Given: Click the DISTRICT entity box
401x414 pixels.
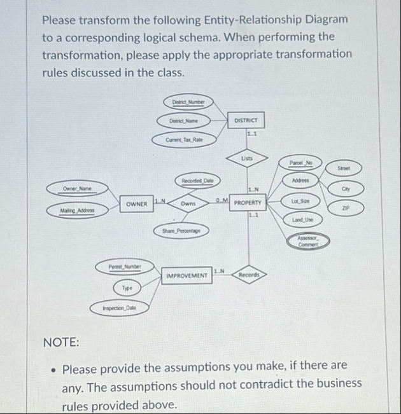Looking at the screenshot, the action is click(x=245, y=120).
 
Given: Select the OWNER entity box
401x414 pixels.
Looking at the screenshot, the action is click(x=136, y=204).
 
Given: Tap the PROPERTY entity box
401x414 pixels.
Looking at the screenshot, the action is click(x=248, y=204).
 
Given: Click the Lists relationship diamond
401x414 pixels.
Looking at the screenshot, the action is click(x=247, y=158).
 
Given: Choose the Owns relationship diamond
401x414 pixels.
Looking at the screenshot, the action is click(x=188, y=204).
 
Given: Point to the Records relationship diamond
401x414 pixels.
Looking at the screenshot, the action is click(x=248, y=275).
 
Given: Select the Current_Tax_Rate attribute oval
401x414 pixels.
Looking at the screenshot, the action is click(x=183, y=139).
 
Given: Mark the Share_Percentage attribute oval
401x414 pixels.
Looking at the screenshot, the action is click(x=181, y=229).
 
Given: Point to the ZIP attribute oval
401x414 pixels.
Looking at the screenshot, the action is click(x=344, y=207).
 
